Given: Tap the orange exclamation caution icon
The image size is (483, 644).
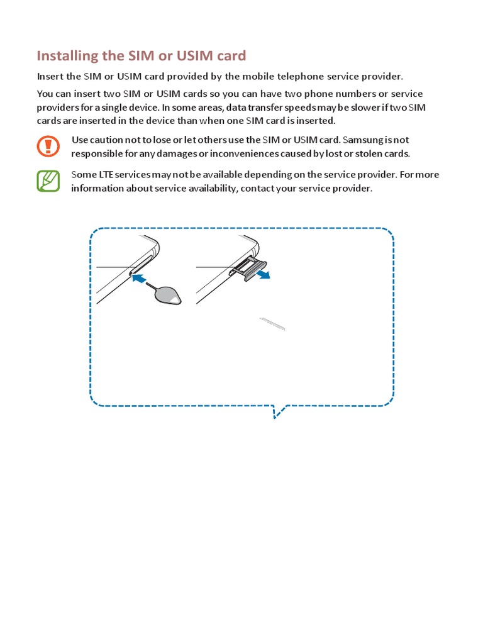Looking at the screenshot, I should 48,146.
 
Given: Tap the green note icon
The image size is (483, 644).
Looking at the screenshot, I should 48,181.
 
